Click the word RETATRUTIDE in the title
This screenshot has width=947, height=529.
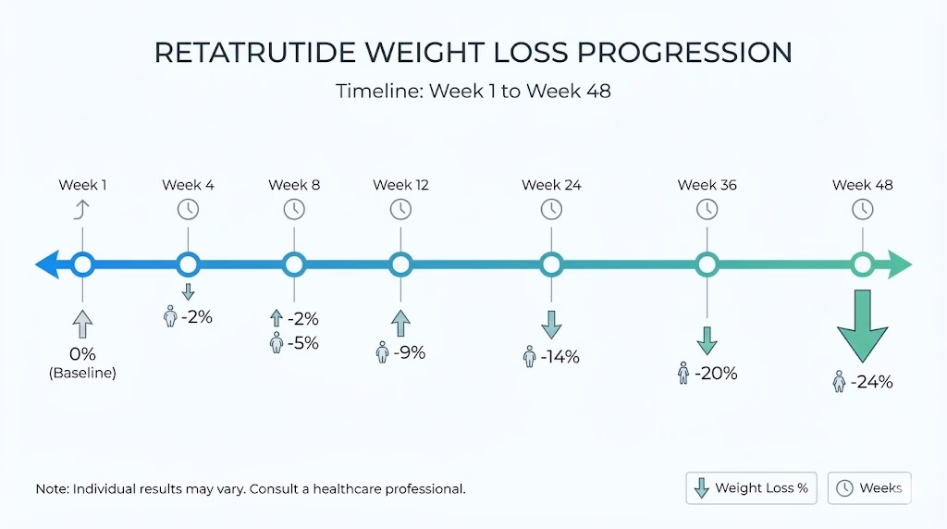coord(254,53)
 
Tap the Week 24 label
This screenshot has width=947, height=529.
coord(551,185)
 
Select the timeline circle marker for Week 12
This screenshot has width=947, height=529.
coord(400,264)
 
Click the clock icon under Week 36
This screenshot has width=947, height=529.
coord(707,210)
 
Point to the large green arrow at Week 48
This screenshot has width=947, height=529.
coord(863,326)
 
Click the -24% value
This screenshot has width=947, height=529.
coord(871,382)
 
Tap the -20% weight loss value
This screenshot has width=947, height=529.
coord(716,374)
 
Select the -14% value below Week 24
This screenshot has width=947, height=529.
coord(560,357)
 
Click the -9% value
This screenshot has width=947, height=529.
coord(409,352)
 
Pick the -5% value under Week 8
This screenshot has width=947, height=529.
coord(302,343)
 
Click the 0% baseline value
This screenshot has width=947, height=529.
coord(82,354)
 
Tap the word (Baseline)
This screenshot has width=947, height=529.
coord(82,373)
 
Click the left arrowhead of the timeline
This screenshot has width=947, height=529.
coord(47,264)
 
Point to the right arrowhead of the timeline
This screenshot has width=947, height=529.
coord(900,264)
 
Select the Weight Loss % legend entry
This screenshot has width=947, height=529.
coord(751,488)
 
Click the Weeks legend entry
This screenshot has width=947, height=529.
coord(869,488)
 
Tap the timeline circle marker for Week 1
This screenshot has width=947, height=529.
coord(82,264)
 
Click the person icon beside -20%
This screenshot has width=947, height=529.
coord(683,374)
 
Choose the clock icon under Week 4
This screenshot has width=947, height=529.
coord(188,210)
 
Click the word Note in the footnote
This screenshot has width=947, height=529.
coord(51,488)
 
